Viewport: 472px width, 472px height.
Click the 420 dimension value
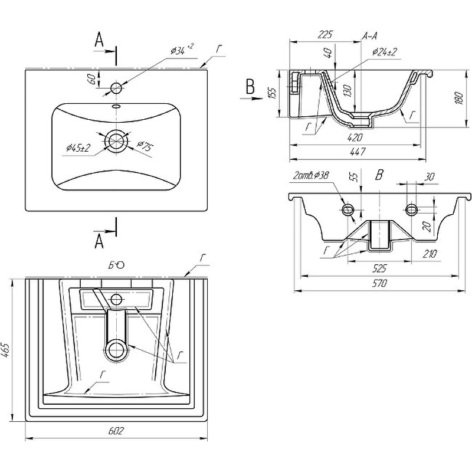355,138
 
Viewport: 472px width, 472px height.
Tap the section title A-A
370,37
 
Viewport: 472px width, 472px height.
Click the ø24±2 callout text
384,52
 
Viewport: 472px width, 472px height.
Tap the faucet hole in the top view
116,88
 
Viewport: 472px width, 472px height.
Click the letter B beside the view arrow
250,88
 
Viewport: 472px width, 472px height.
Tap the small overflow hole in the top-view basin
116,106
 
